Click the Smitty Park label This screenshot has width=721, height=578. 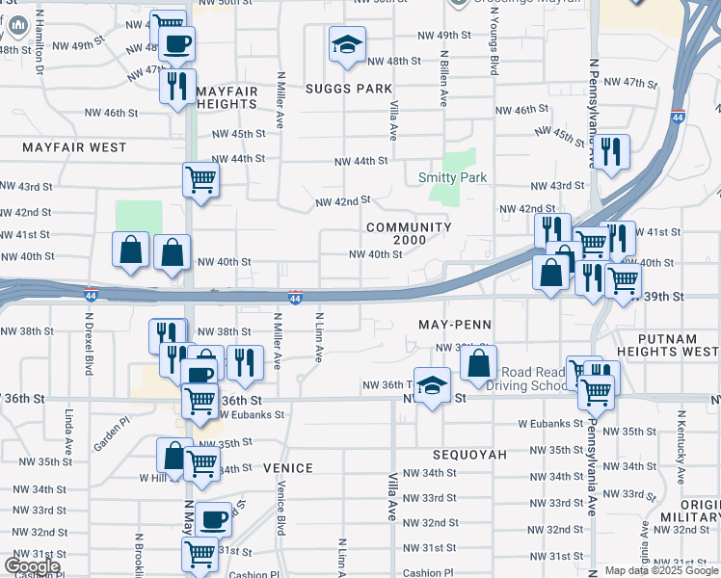coord(452,177)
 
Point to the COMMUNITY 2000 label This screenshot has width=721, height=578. coord(409,233)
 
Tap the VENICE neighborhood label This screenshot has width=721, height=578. coord(287,468)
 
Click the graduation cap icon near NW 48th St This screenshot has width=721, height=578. coord(347,44)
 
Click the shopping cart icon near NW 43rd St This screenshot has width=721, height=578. coord(200,178)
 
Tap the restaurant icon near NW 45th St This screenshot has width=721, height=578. coord(611,151)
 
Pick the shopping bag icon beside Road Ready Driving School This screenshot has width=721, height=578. coord(478,363)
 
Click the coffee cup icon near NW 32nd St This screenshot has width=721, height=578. coord(214,520)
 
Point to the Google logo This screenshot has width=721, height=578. coord(31,565)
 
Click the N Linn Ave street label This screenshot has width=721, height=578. coord(317,337)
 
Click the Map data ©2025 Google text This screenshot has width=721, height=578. coord(660,570)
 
